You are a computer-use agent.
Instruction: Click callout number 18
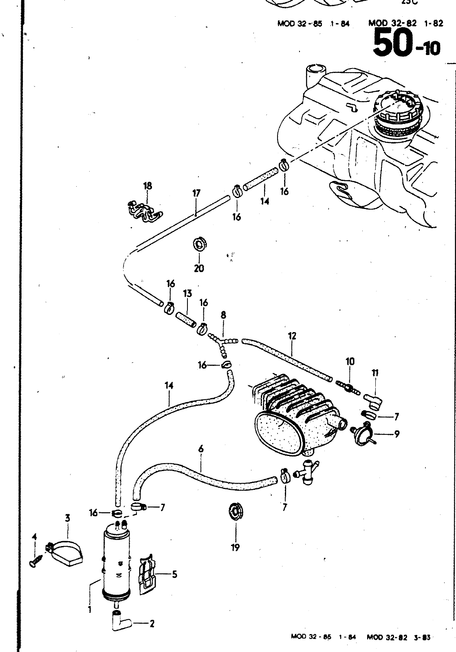point(147,186)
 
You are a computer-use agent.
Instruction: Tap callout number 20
point(199,268)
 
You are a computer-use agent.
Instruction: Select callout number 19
point(236,547)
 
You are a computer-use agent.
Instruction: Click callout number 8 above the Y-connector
point(223,315)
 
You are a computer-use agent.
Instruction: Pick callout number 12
point(292,336)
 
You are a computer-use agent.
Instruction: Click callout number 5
point(174,575)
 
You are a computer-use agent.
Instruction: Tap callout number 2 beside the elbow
point(152,623)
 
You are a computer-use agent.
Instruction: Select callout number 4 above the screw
point(34,537)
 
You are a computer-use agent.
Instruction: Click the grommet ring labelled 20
point(199,245)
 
